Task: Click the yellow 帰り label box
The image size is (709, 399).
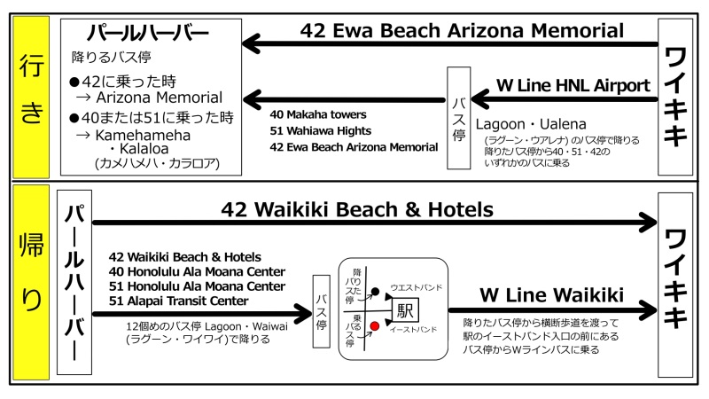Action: tap(31, 284)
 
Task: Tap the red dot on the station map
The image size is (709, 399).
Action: tap(375, 326)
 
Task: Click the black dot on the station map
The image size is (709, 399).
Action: tap(375, 291)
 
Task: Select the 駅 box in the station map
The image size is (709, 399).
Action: tap(405, 310)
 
